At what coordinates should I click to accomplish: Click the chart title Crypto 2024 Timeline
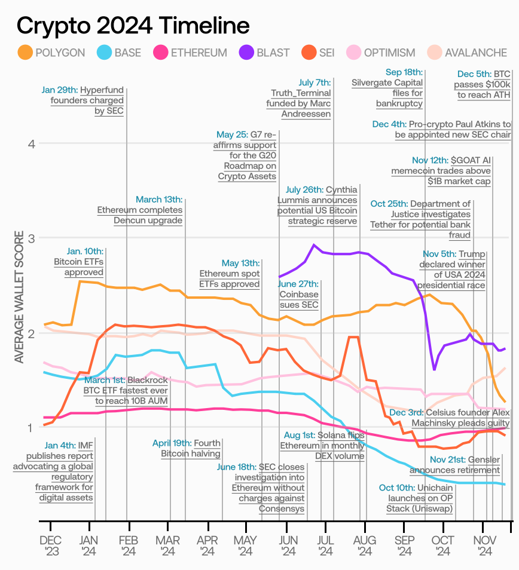[x=133, y=26]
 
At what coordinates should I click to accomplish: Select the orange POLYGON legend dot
[x=25, y=53]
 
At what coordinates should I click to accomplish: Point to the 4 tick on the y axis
[x=32, y=143]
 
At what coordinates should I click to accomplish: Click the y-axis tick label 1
[x=32, y=427]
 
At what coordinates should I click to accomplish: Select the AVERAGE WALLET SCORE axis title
[x=19, y=297]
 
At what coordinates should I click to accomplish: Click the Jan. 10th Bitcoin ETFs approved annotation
[x=79, y=262]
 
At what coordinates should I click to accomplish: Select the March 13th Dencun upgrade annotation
[x=141, y=210]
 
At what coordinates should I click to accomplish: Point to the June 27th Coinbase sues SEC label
[x=299, y=295]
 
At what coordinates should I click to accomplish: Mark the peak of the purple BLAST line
[x=314, y=244]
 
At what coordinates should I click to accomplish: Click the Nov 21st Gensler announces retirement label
[x=465, y=464]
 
